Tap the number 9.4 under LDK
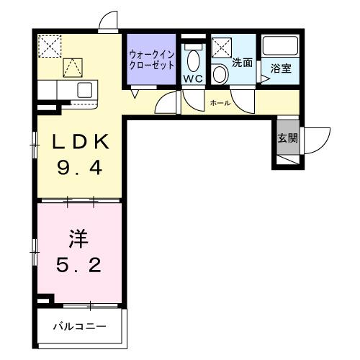point(80,171)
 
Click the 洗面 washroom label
point(242,63)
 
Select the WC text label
point(192,78)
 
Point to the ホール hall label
point(220,103)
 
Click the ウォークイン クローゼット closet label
point(151,59)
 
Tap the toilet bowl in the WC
point(192,59)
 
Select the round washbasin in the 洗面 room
point(238,80)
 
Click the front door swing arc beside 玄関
point(317,140)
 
